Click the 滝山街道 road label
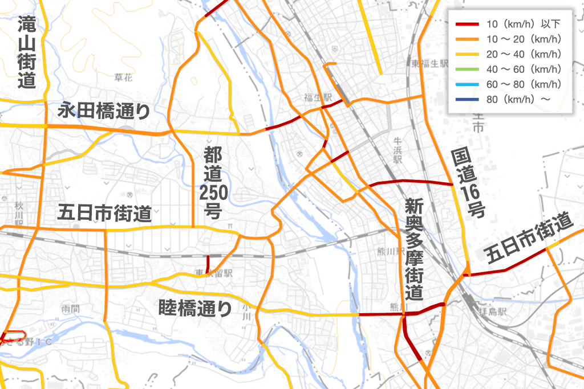[x=26, y=52]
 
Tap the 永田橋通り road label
[x=104, y=110]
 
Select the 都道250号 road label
[x=213, y=182]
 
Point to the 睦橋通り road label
[x=195, y=309]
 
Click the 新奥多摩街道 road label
[x=414, y=249]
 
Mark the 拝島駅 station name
[x=492, y=313]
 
